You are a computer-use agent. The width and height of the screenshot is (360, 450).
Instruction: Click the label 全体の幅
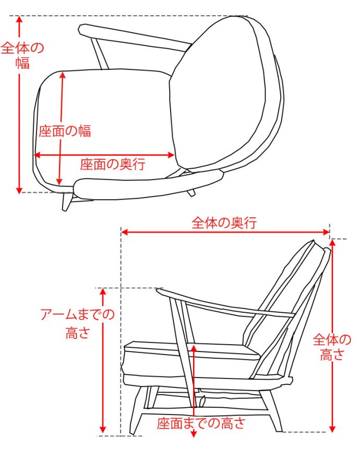click(x=22, y=55)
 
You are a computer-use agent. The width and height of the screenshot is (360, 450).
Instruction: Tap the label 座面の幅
click(x=65, y=131)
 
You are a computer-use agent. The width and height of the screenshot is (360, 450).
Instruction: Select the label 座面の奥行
click(x=112, y=165)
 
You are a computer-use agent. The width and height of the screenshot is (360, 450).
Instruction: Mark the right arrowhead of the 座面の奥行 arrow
click(x=172, y=155)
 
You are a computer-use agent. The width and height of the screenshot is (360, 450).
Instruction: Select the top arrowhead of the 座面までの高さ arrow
click(x=194, y=347)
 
